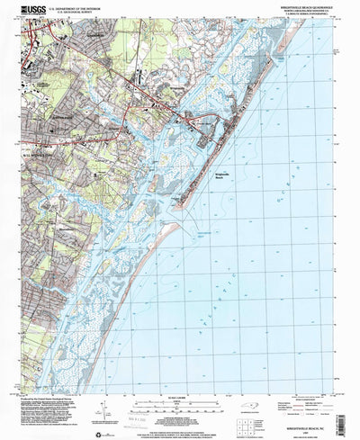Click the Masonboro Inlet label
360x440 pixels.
coord(207,232)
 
